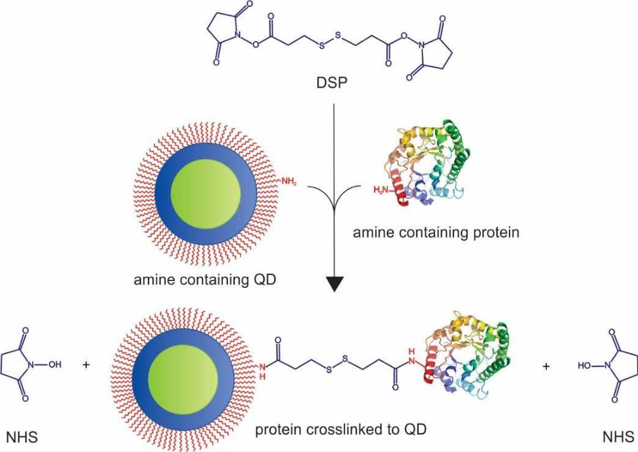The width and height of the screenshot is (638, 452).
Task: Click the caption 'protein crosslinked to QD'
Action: pos(340,429)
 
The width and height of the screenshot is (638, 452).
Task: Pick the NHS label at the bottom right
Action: pos(617,437)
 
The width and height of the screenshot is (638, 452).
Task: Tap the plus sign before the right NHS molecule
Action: pos(545,366)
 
